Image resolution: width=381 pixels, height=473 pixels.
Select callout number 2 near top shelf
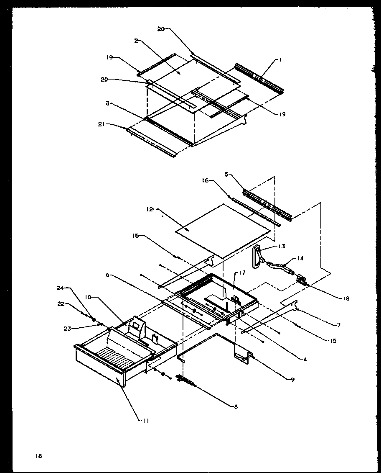point(136,41)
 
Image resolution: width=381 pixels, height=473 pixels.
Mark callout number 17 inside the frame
point(242,272)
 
